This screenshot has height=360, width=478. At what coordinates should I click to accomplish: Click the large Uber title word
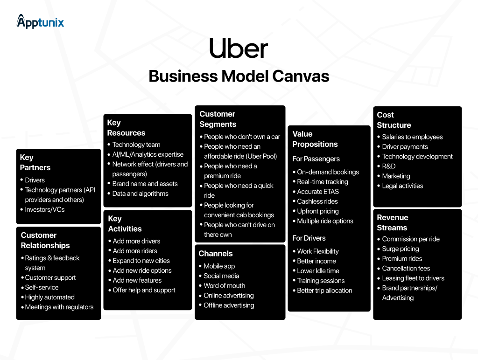pyautogui.click(x=239, y=49)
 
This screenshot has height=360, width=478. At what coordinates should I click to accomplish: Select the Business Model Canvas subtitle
pyautogui.click(x=239, y=76)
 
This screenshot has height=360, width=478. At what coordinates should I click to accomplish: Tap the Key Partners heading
pyautogui.click(x=35, y=162)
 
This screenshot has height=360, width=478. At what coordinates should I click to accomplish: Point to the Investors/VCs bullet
pyautogui.click(x=45, y=209)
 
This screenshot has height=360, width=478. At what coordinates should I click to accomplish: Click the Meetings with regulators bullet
pyautogui.click(x=59, y=307)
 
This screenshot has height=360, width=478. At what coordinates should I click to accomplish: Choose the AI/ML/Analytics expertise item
pyautogui.click(x=148, y=154)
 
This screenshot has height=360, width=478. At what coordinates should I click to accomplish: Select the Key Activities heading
pyautogui.click(x=125, y=224)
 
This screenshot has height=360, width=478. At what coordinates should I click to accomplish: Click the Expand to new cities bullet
pyautogui.click(x=141, y=261)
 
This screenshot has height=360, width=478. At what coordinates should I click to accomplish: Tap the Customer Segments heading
pyautogui.click(x=218, y=119)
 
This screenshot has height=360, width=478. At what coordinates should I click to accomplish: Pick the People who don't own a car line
pyautogui.click(x=242, y=137)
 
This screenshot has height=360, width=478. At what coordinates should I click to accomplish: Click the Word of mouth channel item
pyautogui.click(x=224, y=285)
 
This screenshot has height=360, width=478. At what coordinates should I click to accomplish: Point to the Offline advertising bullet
pyautogui.click(x=229, y=305)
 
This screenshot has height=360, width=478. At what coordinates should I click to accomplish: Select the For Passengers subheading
pyautogui.click(x=316, y=159)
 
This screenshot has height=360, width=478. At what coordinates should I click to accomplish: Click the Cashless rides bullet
pyautogui.click(x=317, y=201)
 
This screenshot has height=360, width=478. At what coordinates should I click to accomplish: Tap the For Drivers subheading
pyautogui.click(x=309, y=238)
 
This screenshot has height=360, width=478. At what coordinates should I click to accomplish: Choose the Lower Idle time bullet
pyautogui.click(x=318, y=271)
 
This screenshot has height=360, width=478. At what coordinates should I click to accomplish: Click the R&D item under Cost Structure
pyautogui.click(x=388, y=166)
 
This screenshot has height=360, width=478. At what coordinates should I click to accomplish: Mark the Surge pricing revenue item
pyautogui.click(x=400, y=249)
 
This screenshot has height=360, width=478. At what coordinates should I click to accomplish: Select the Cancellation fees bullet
pyautogui.click(x=406, y=268)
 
